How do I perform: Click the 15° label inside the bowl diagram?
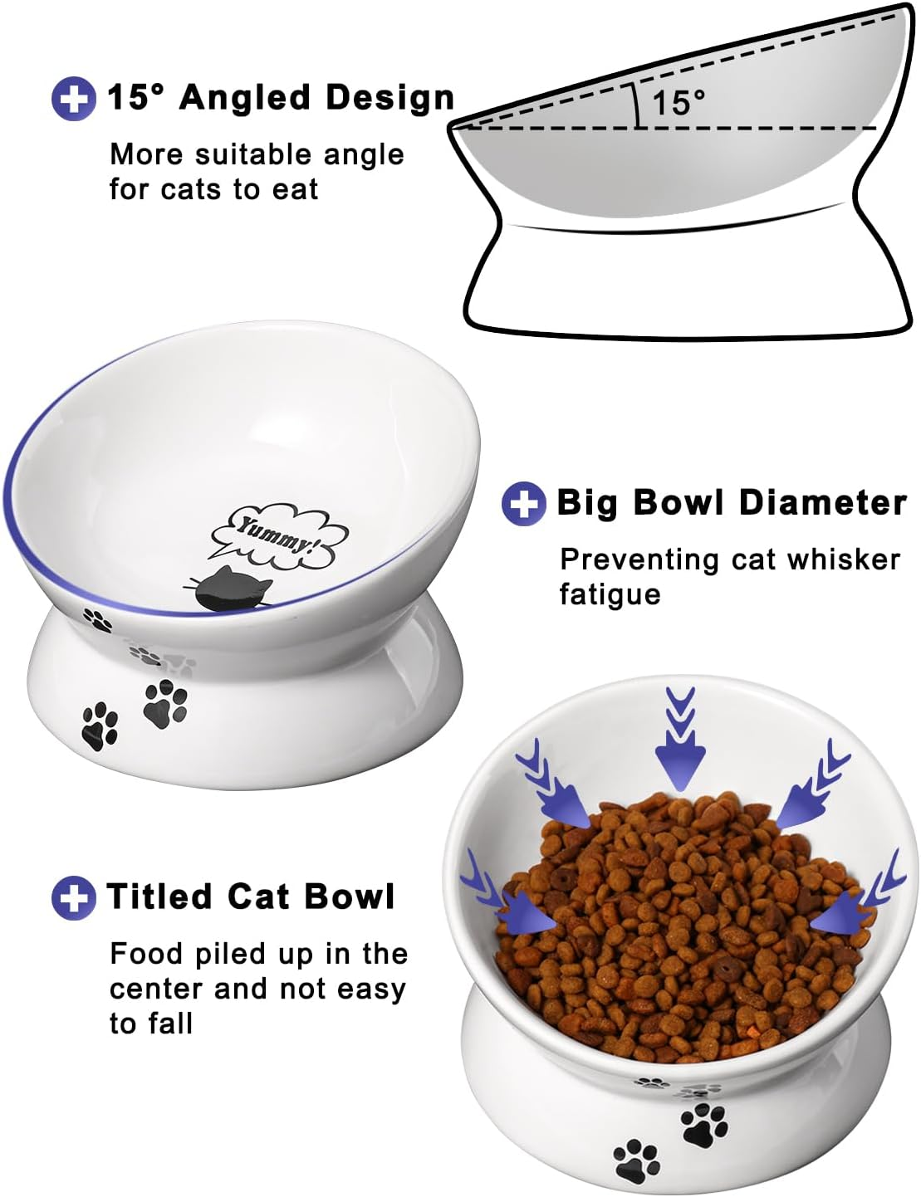pyautogui.click(x=678, y=103)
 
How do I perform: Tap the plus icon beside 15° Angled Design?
pyautogui.click(x=73, y=99)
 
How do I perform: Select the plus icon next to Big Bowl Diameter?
pyautogui.click(x=523, y=503)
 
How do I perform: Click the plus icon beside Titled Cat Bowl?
pyautogui.click(x=73, y=897)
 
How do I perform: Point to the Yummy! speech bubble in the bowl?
pyautogui.click(x=278, y=535)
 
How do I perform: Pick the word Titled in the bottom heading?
pyautogui.click(x=159, y=897)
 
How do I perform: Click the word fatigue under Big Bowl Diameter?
pyautogui.click(x=610, y=594)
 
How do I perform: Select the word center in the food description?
pyautogui.click(x=158, y=989)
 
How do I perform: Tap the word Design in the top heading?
pyautogui.click(x=390, y=98)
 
